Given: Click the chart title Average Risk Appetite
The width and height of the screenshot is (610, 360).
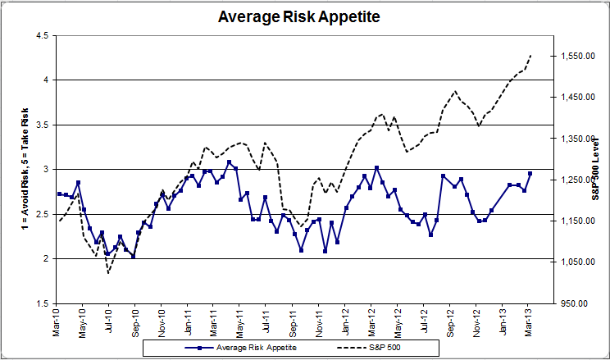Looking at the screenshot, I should (x=304, y=16).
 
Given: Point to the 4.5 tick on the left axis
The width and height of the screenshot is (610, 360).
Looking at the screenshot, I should (x=39, y=35).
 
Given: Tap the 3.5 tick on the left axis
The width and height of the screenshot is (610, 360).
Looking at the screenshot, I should (x=39, y=125).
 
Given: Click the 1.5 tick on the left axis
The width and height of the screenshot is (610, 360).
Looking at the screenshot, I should (x=39, y=303).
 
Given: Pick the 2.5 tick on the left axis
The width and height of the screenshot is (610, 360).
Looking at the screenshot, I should (x=39, y=214).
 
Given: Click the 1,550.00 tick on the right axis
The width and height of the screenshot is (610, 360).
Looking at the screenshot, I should (x=577, y=57).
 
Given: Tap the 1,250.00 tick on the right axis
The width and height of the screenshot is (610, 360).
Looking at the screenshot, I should (x=577, y=180).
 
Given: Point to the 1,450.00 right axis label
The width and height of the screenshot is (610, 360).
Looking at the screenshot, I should (x=577, y=98).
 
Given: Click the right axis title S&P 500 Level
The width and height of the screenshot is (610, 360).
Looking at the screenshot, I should (x=596, y=171).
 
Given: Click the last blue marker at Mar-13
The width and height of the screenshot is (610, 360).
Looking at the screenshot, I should (x=530, y=173).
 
